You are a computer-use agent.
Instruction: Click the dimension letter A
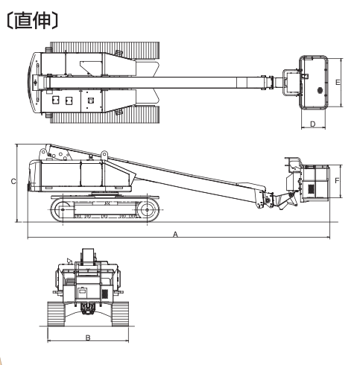coord(175,234)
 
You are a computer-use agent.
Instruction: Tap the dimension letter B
coord(88,337)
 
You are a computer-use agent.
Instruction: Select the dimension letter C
coord(13,182)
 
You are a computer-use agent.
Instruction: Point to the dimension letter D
coord(313,124)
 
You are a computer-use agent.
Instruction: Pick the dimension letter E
coord(338,82)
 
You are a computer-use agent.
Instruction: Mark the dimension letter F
coord(337,180)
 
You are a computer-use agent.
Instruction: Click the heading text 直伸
coord(33,21)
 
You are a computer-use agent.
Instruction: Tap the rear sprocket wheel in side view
coord(63,210)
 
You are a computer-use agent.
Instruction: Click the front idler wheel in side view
coord(147,210)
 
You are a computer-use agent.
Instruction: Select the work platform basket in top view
coord(314,83)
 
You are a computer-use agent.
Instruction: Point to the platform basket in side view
coord(316,182)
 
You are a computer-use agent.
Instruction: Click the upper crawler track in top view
coord(104,50)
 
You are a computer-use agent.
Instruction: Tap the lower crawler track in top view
coord(104,114)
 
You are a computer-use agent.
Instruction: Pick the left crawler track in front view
coord(56,314)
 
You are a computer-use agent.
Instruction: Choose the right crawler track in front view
coord(120,314)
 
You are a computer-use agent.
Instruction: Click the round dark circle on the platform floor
coord(320,90)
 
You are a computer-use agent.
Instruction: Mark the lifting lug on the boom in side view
coord(104,154)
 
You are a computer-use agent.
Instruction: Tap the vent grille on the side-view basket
coord(311,188)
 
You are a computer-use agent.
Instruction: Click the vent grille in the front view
coord(105,294)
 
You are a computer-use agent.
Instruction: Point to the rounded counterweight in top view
coord(34,83)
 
